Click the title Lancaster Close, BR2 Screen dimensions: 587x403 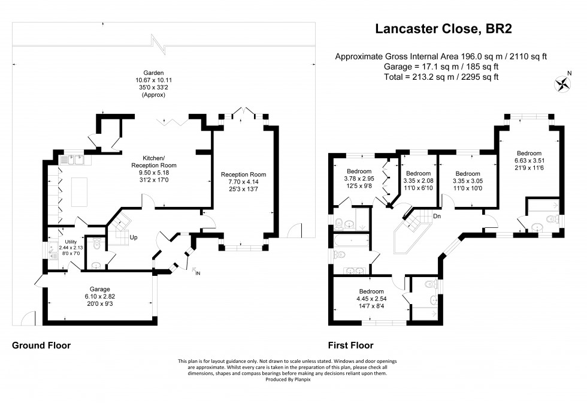443,29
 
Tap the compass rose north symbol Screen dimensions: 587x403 562,84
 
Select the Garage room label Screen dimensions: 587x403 99,289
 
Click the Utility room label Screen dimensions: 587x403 71,242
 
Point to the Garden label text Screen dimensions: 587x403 153,73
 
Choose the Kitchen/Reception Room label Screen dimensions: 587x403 154,161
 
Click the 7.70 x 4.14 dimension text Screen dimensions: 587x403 243,182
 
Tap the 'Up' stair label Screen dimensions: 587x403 134,237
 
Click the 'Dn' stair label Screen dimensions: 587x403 437,216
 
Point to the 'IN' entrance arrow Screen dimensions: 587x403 195,270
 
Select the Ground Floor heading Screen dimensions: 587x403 41,345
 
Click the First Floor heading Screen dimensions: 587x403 351,345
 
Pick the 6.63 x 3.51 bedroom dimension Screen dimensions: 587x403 529,161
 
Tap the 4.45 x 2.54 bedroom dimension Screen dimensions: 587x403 371,299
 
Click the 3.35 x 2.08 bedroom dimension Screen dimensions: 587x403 418,181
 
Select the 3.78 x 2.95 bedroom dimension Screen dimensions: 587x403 359,179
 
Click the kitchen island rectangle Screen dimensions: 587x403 79,193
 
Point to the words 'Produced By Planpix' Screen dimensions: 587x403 288,380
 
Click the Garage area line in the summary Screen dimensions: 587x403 441,67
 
